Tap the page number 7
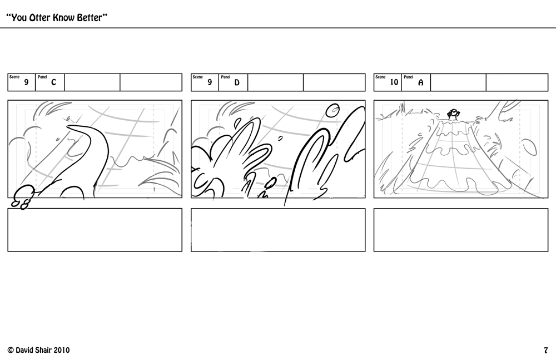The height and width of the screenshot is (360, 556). [546, 350]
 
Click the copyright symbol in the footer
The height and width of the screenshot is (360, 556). [10, 350]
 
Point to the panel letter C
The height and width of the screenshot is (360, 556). [53, 83]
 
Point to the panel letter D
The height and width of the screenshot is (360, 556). [237, 83]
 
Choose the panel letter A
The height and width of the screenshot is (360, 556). [420, 83]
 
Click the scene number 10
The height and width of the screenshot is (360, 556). [394, 83]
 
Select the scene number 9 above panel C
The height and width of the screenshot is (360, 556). [26, 83]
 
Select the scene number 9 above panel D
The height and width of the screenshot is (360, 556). [210, 83]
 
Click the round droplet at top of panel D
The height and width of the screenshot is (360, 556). [332, 110]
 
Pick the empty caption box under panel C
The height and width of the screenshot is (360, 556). [95, 230]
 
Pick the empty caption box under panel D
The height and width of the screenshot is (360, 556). [278, 230]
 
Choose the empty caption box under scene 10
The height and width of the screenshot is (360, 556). [461, 230]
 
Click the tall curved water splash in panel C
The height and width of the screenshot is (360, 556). [89, 150]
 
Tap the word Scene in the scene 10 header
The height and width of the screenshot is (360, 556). [380, 77]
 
